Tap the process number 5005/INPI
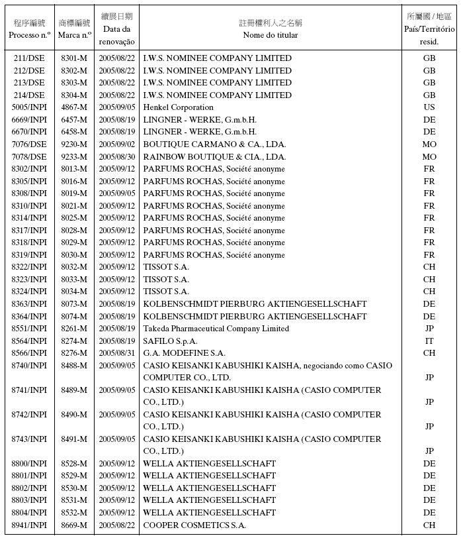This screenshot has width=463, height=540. [29, 107]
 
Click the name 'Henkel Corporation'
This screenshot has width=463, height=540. [178, 107]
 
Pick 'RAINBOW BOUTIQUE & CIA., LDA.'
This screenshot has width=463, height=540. [214, 157]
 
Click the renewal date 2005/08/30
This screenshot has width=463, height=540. [117, 157]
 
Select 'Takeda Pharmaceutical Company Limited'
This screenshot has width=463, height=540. [216, 329]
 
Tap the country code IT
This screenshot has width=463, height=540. [429, 341]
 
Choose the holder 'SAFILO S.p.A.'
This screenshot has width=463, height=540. [170, 341]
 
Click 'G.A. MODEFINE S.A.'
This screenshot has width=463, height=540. [184, 353]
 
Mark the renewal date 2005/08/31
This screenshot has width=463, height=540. [117, 353]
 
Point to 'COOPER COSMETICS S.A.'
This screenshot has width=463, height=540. [194, 525]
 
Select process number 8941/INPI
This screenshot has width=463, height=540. [29, 525]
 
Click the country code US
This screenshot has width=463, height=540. [429, 107]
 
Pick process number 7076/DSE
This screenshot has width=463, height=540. [29, 144]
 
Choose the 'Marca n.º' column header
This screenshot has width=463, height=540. [73, 35]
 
